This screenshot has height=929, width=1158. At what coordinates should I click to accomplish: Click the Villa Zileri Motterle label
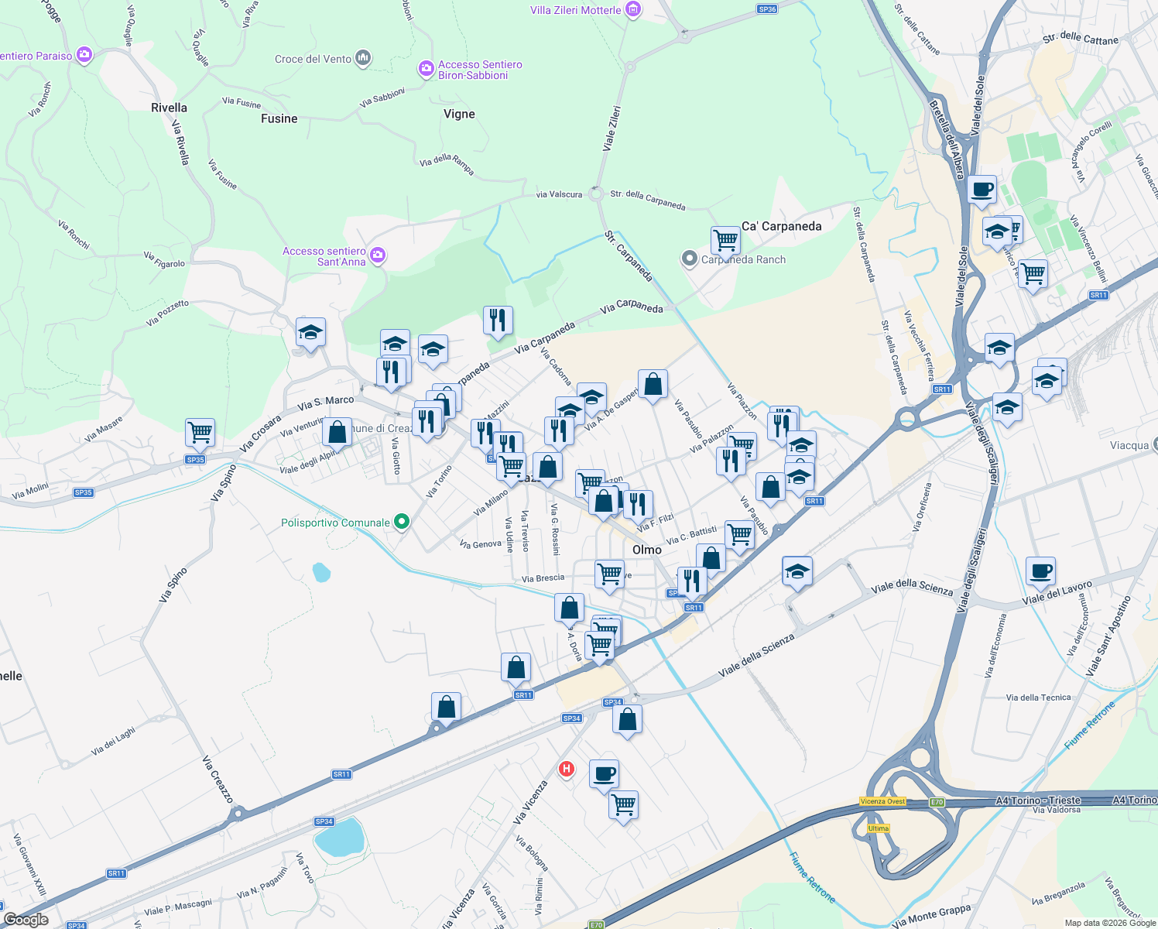[576, 10]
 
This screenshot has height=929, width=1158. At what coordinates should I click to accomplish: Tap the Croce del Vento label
[313, 59]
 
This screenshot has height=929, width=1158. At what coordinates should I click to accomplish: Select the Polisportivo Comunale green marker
[401, 522]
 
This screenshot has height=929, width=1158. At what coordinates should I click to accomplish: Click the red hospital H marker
[567, 769]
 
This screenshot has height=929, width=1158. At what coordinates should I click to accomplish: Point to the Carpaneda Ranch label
[743, 259]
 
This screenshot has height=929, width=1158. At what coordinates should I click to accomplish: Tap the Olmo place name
[647, 549]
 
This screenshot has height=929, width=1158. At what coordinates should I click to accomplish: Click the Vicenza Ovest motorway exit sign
[883, 801]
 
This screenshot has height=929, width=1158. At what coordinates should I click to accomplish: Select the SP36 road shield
[767, 9]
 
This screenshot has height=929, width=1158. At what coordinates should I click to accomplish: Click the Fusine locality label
[279, 118]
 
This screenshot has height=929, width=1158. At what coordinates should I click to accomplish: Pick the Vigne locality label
[459, 114]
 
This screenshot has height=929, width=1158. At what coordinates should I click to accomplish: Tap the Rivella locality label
[169, 108]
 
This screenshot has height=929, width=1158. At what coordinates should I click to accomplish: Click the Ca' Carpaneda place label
[782, 226]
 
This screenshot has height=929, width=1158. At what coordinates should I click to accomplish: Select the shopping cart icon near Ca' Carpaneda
[725, 240]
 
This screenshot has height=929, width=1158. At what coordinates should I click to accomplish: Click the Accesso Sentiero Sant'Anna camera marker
[378, 255]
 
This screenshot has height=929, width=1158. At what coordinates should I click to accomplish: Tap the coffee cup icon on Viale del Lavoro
[1040, 571]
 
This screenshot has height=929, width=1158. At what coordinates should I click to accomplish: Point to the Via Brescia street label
[543, 578]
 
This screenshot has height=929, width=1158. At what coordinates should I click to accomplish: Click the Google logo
[26, 920]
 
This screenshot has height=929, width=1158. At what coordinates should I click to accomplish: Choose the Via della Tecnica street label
[1038, 698]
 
